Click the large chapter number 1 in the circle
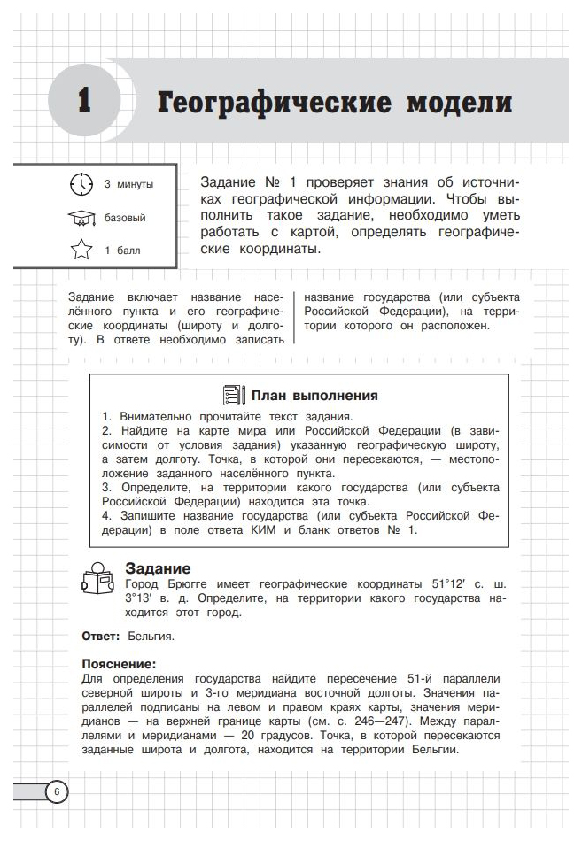(85, 100)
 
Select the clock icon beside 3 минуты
(81, 184)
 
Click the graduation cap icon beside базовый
(81, 218)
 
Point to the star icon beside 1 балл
(81, 251)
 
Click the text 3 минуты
(128, 185)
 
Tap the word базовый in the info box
(125, 218)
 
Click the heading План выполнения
(314, 396)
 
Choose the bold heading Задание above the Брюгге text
(158, 568)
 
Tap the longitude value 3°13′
(144, 599)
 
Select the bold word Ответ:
(100, 636)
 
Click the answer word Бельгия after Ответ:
(151, 636)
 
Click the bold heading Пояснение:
(119, 663)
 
